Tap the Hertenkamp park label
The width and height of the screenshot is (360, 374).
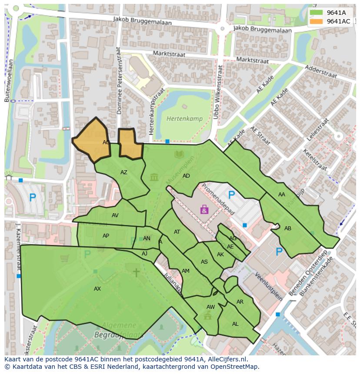click(x=181, y=118)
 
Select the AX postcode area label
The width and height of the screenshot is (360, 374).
click(x=97, y=289)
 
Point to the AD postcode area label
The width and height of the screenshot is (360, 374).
click(x=186, y=176)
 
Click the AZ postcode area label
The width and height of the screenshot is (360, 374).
click(x=124, y=172)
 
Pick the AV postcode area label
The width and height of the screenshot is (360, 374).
click(x=115, y=215)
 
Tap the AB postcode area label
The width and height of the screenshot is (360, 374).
click(x=288, y=228)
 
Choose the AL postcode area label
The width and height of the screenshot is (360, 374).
click(x=235, y=324)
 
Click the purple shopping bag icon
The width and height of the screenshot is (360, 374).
click(x=204, y=210)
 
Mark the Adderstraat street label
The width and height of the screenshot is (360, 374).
click(x=321, y=72)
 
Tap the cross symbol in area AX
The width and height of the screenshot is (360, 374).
click(x=136, y=272)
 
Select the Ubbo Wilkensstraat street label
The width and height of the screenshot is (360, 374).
click(x=220, y=92)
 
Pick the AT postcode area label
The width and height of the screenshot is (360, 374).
click(x=177, y=232)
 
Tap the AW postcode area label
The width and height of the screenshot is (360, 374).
click(x=210, y=307)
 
